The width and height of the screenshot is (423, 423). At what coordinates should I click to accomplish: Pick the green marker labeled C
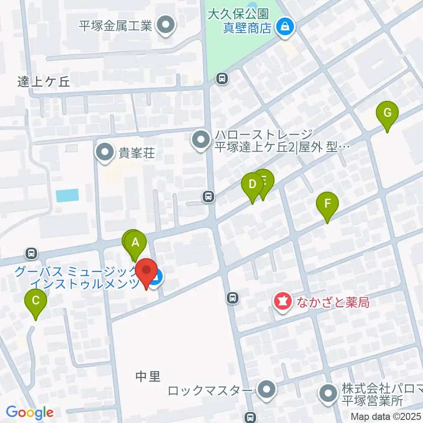[36, 301]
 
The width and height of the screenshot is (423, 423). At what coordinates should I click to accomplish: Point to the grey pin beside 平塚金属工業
[166, 25]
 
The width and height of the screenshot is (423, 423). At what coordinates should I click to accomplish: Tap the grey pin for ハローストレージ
[201, 141]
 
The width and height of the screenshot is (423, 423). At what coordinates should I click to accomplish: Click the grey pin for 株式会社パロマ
[328, 394]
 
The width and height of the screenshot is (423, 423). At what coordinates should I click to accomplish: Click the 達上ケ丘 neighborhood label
[44, 82]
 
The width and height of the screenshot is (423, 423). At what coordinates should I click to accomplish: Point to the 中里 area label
[148, 377]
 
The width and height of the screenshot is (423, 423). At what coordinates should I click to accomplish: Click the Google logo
[30, 412]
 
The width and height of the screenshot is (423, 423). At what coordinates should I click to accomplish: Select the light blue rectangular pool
[67, 195]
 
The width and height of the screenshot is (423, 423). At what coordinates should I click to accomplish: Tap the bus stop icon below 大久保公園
[222, 79]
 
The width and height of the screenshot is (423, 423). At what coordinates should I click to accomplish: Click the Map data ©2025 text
[386, 416]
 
